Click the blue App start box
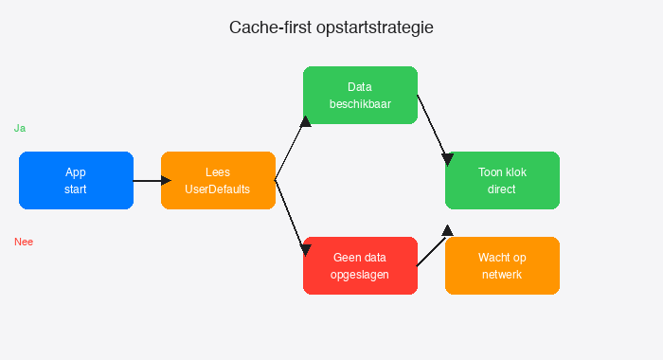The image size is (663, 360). [x=76, y=180]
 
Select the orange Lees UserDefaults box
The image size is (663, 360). [x=218, y=180]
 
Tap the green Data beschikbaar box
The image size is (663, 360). [x=360, y=95]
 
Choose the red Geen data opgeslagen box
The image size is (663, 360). [x=360, y=265]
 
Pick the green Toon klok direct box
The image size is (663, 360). [x=502, y=180]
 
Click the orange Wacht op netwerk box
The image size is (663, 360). [x=502, y=265]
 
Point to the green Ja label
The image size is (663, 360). [x=19, y=128]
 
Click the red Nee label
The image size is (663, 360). [x=24, y=242]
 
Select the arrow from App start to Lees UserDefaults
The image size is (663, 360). [x=148, y=180]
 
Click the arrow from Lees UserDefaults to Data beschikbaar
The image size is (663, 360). [x=290, y=147]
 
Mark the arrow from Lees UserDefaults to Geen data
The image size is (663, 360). [x=290, y=213]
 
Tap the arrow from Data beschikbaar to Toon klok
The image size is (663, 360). [x=432, y=128]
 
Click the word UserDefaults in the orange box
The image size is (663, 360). [x=218, y=189]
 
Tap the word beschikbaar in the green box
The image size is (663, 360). [x=360, y=104]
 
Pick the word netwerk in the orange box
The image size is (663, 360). [x=502, y=275]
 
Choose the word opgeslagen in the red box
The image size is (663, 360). [x=360, y=275]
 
